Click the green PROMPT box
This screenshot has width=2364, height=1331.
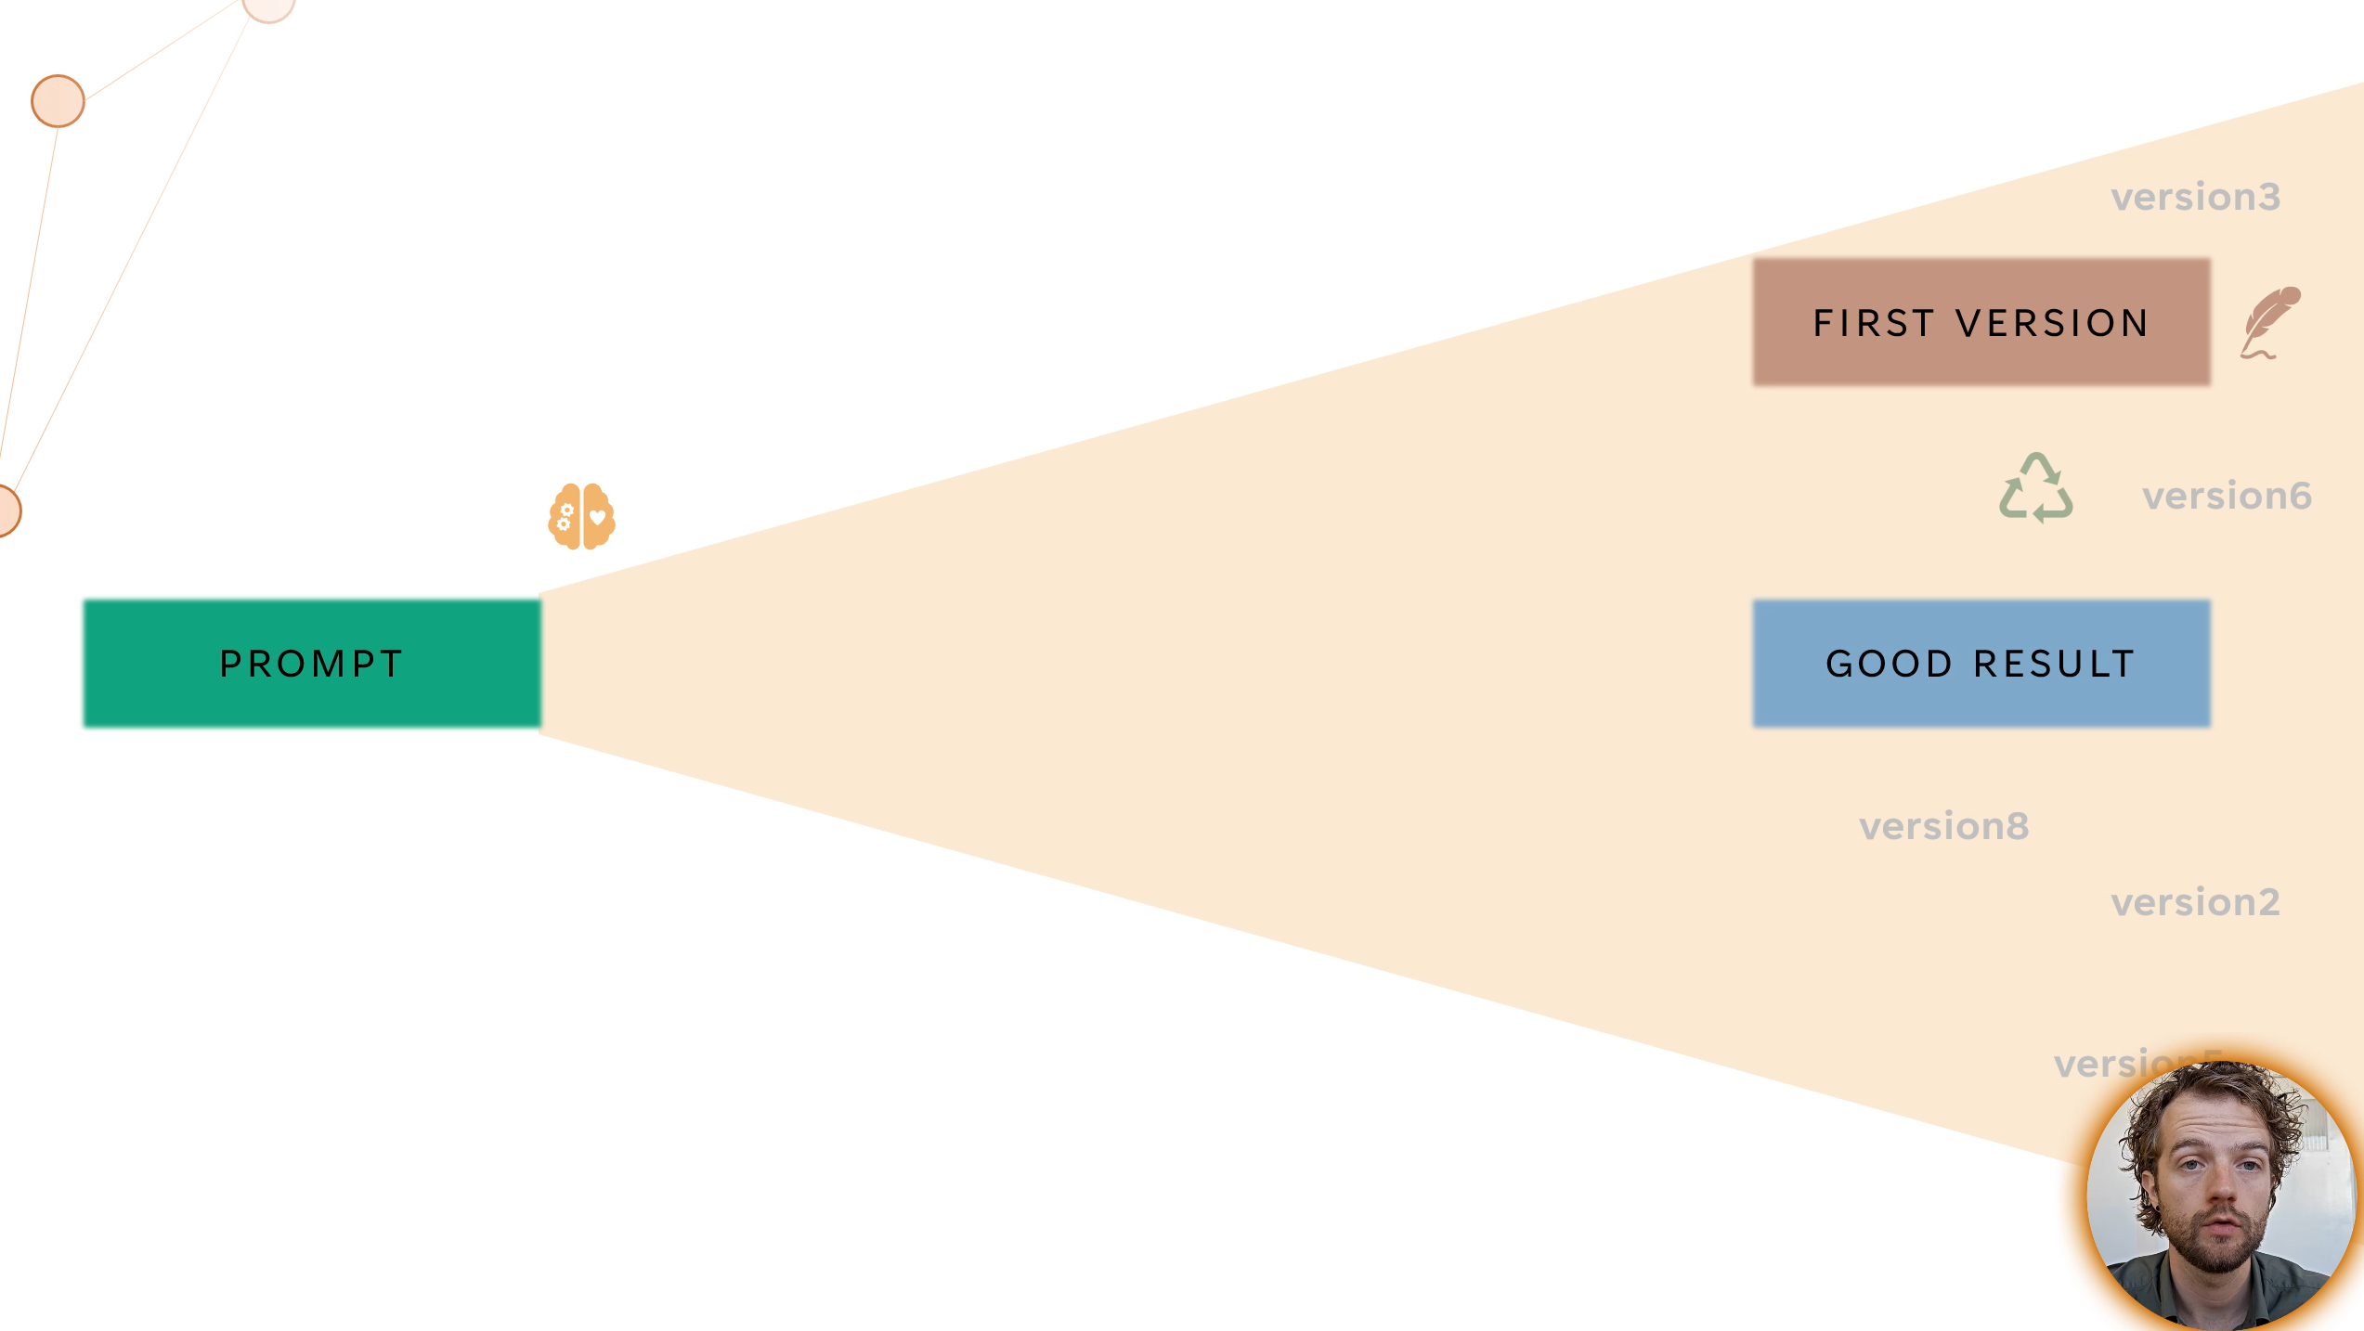(x=312, y=663)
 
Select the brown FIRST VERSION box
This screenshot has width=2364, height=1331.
(x=1981, y=322)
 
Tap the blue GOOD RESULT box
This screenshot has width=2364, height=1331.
(x=1981, y=663)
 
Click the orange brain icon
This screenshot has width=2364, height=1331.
(x=581, y=516)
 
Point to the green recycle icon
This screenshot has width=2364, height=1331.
(x=2035, y=488)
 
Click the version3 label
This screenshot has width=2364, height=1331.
(x=2195, y=197)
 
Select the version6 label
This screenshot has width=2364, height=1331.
(x=2227, y=496)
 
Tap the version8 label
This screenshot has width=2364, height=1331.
(x=1943, y=826)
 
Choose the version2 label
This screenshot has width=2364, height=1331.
(x=2195, y=902)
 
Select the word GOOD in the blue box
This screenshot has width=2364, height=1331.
(x=1890, y=664)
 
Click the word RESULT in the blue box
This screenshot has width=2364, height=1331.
(x=2054, y=664)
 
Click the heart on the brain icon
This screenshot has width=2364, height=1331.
(x=598, y=517)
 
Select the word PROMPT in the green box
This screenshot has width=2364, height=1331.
(x=312, y=664)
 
